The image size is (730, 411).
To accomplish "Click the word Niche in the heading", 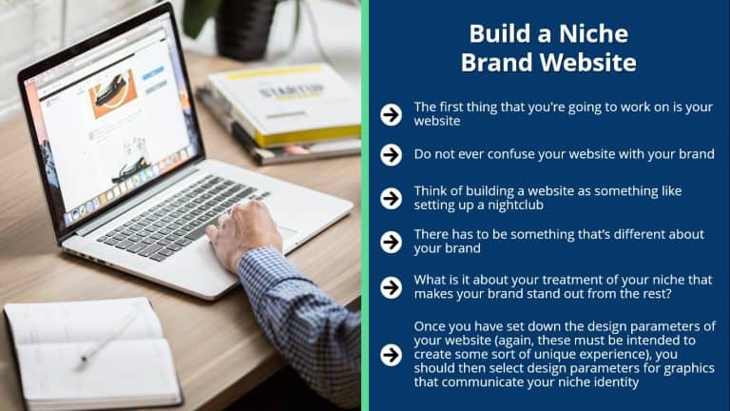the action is (x=593, y=33).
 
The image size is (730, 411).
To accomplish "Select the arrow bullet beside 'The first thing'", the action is (x=391, y=114).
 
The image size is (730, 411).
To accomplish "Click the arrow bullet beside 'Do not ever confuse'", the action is (x=391, y=155).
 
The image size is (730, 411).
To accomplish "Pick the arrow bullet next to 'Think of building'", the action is (x=391, y=199).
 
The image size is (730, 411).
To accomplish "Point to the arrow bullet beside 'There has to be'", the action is (x=391, y=243).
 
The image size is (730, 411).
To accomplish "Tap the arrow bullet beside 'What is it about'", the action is (x=391, y=287).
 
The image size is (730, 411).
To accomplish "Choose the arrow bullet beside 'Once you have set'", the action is (x=391, y=355).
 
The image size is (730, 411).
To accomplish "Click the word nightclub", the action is (x=514, y=205).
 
